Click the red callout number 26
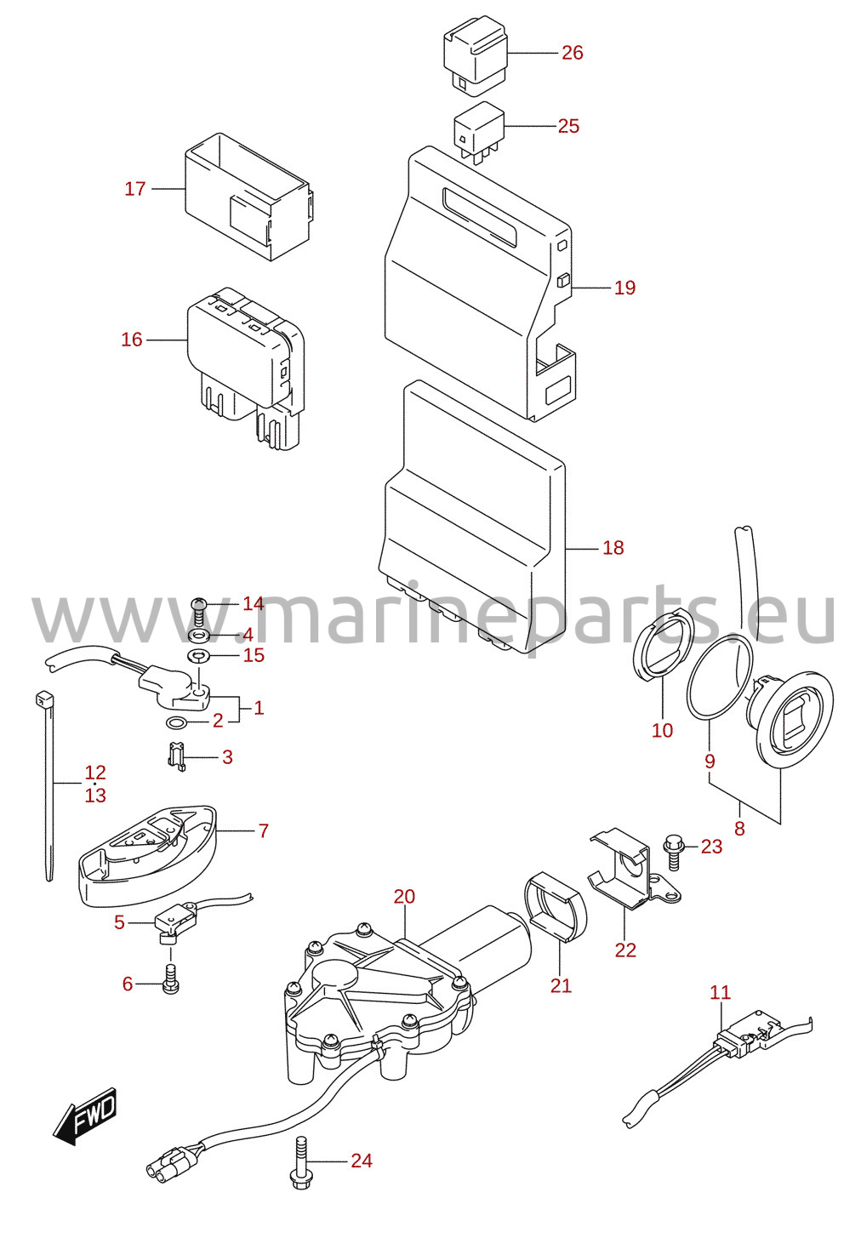point(572,53)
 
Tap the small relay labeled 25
point(479,132)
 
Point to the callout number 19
point(624,288)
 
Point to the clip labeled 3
point(176,756)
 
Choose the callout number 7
point(263,830)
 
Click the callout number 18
point(613,548)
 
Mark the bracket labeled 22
point(636,872)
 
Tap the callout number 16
point(132,339)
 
